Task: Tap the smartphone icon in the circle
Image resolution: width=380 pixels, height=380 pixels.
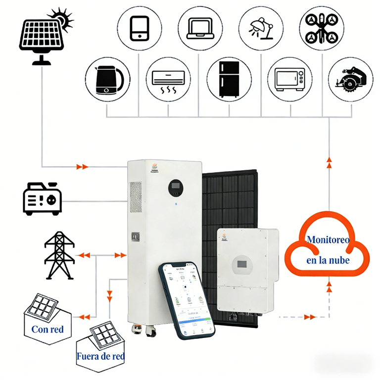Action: (x=139, y=28)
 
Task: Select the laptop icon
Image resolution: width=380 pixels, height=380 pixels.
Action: (x=199, y=28)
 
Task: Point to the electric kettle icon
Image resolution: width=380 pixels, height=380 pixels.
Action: (x=107, y=79)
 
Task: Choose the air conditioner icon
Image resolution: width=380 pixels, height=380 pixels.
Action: (x=168, y=79)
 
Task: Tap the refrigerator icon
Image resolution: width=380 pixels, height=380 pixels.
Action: (x=229, y=79)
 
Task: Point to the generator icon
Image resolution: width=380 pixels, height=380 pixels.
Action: (x=42, y=198)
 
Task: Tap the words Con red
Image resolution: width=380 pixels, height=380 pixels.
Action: (x=47, y=329)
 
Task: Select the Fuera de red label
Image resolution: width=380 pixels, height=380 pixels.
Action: (x=100, y=356)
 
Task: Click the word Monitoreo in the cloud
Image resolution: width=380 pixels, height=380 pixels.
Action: (x=328, y=240)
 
